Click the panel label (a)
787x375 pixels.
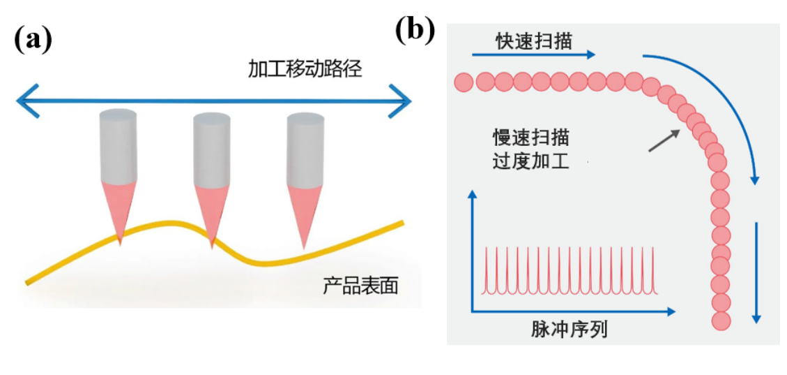coord(33,41)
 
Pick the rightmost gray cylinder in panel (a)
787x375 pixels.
coord(305,148)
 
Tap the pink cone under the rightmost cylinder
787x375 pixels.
coord(305,209)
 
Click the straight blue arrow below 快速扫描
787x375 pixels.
coord(533,54)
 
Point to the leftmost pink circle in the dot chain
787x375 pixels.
coord(464,82)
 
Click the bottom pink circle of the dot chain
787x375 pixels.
coord(721,321)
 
